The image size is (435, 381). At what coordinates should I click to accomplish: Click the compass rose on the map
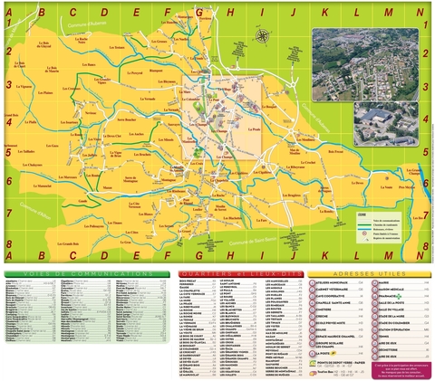tap(262, 37)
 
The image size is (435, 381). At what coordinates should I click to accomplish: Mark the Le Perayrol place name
tap(135, 72)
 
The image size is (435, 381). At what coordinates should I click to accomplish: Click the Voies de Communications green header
tap(86, 272)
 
